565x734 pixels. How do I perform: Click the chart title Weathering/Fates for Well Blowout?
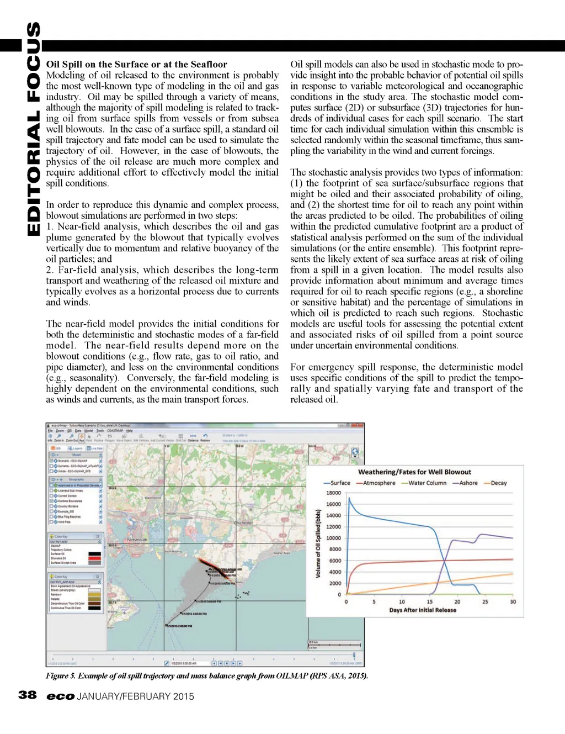pyautogui.click(x=414, y=472)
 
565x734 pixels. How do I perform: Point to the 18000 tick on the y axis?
pyautogui.click(x=334, y=493)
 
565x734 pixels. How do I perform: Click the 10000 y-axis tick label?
pyautogui.click(x=334, y=538)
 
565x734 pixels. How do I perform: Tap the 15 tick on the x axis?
pyautogui.click(x=429, y=602)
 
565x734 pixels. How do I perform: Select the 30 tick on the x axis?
pyautogui.click(x=513, y=602)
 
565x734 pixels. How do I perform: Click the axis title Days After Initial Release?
pyautogui.click(x=423, y=610)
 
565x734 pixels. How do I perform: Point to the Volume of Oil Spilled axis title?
pyautogui.click(x=318, y=544)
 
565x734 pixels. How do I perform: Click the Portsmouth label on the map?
pyautogui.click(x=137, y=540)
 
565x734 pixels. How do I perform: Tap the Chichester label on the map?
pyautogui.click(x=243, y=522)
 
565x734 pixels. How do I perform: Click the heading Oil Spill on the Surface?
pyautogui.click(x=136, y=64)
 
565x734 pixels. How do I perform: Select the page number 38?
pyautogui.click(x=28, y=695)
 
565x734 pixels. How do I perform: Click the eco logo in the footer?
pyautogui.click(x=60, y=696)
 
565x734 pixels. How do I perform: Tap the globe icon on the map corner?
pyautogui.click(x=355, y=452)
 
